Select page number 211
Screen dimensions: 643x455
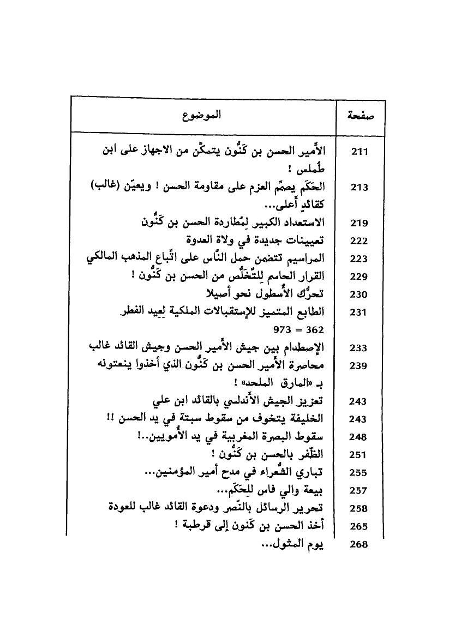(359, 152)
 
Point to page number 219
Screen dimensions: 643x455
(359, 223)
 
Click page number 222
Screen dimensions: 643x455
(359, 241)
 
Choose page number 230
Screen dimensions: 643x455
(359, 295)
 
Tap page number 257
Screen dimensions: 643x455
(359, 491)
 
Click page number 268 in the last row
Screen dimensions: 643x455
(359, 544)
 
